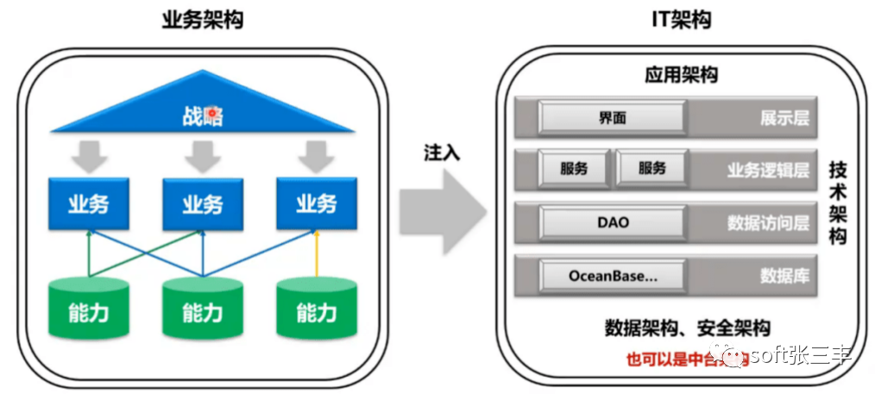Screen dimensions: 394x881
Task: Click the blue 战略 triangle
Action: [x=202, y=113]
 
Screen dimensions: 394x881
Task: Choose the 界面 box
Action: [x=613, y=118]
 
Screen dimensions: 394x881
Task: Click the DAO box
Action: [x=613, y=222]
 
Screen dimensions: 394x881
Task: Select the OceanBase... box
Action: [x=613, y=276]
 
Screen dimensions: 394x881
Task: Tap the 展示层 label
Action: [x=783, y=119]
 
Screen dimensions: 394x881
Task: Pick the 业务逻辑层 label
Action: [x=767, y=170]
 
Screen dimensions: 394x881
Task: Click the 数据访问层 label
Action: [x=767, y=223]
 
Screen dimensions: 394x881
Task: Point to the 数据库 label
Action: [x=783, y=276]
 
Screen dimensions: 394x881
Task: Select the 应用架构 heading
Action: [x=681, y=75]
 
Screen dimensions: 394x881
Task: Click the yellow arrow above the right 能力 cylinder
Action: [x=316, y=254]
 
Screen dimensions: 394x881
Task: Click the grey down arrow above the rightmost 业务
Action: [x=316, y=156]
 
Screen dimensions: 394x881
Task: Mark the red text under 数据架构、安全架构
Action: [x=673, y=358]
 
